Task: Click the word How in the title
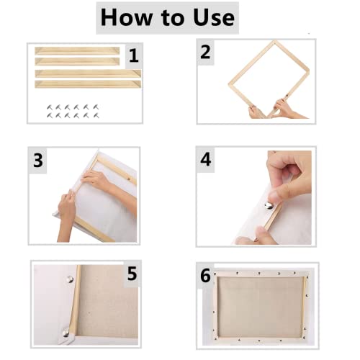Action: [129, 17]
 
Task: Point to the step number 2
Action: [207, 52]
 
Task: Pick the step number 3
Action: [38, 160]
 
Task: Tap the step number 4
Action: [207, 160]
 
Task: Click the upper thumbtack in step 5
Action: [63, 276]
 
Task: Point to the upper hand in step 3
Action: [96, 179]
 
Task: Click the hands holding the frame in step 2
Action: [270, 110]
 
